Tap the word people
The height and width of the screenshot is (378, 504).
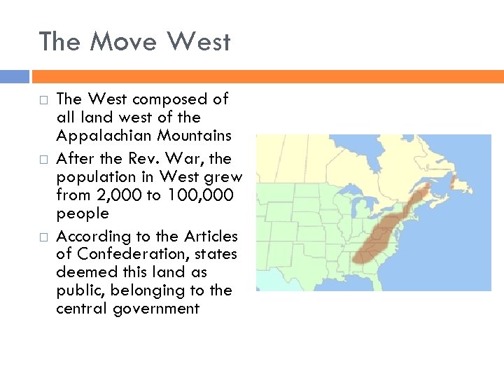[83, 213]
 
